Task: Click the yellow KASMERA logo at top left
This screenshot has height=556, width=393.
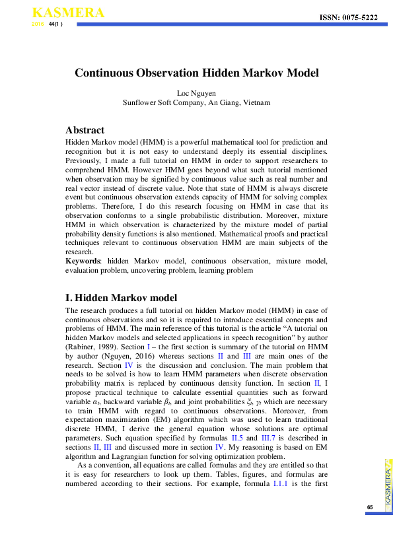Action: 59,13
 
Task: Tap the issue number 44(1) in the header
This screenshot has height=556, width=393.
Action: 56,24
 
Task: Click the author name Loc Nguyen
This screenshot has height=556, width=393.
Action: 196,93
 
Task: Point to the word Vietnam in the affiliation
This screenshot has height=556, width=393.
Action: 256,102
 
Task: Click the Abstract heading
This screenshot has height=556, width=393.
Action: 85,130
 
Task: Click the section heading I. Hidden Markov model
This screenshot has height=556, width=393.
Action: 121,298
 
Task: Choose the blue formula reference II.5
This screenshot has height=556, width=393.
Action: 236,438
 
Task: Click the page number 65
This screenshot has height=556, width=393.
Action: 370,507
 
